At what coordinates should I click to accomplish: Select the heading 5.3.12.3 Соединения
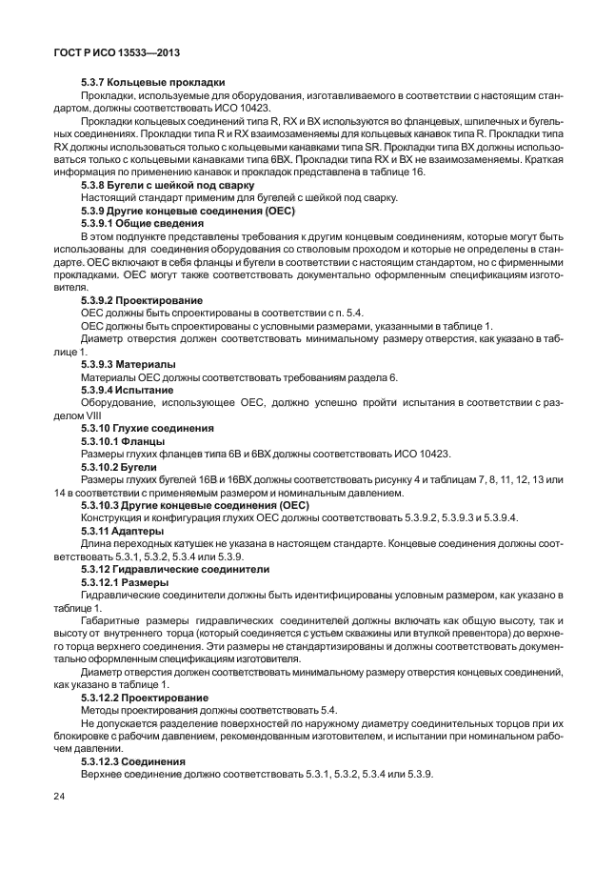(x=133, y=760)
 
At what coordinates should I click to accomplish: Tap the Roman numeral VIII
(x=93, y=415)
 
